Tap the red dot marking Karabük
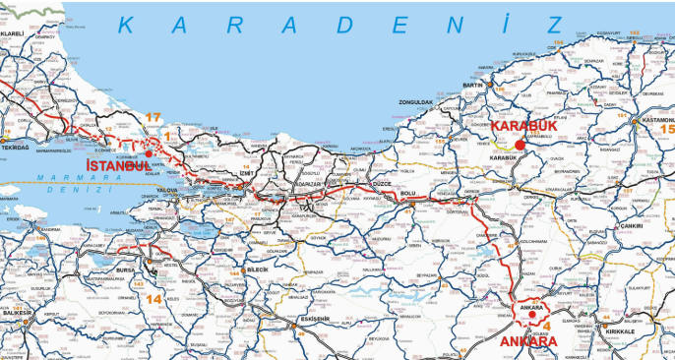pyautogui.click(x=521, y=145)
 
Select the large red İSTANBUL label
pyautogui.click(x=119, y=165)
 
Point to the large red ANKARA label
pyautogui.click(x=528, y=341)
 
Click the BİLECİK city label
pyautogui.click(x=255, y=269)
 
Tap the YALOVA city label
pyautogui.click(x=167, y=189)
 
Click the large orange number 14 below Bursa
pyautogui.click(x=153, y=298)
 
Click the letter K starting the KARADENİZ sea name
pyautogui.click(x=126, y=27)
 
